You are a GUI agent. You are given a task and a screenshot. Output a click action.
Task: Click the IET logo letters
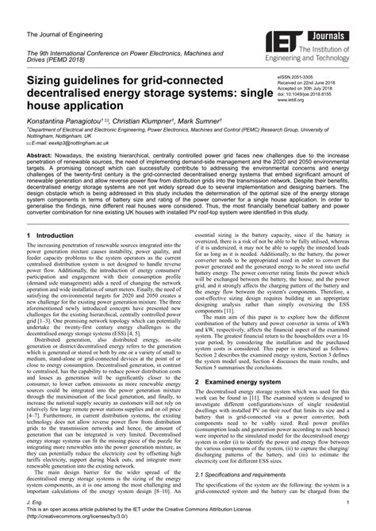point(282,40)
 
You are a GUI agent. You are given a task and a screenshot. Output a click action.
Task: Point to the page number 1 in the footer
point(347,502)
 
